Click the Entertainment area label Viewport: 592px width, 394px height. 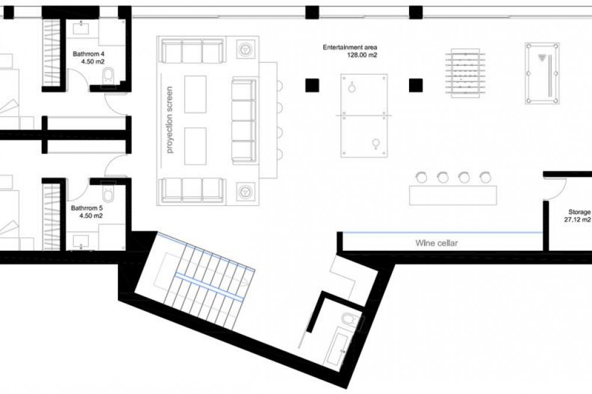(350, 51)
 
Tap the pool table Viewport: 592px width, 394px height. (542, 73)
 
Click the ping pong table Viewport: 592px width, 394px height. (364, 115)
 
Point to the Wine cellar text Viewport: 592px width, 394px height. (436, 243)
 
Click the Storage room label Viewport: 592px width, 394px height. (578, 216)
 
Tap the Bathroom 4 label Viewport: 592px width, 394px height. (89, 58)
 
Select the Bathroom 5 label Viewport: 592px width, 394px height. (87, 212)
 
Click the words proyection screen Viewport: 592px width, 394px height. (169, 120)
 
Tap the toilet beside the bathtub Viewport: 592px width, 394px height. (350, 319)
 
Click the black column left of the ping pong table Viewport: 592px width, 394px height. (312, 85)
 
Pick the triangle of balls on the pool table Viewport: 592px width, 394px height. (542, 57)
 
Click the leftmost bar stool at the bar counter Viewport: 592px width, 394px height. (420, 177)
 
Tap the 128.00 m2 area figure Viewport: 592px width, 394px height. (362, 54)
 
